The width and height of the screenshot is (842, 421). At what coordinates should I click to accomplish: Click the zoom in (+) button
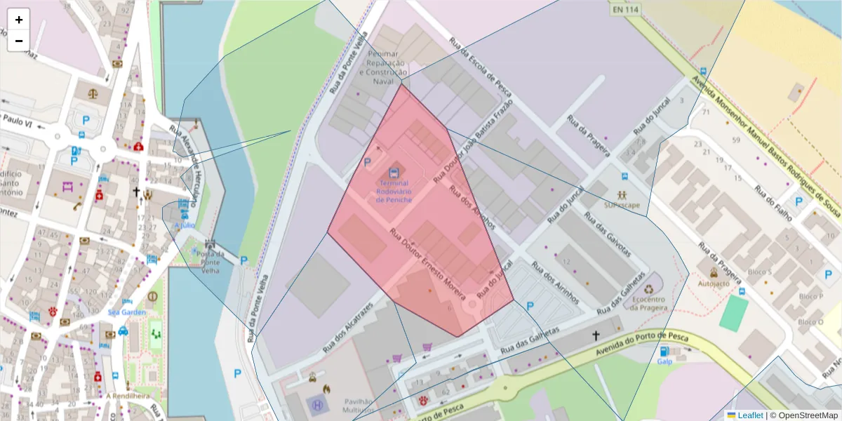pos(19,20)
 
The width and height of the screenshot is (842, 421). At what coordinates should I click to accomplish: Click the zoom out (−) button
pos(19,41)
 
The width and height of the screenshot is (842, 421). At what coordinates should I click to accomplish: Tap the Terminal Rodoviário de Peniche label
pos(394,191)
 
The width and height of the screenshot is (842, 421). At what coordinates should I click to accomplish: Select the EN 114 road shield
pos(624,10)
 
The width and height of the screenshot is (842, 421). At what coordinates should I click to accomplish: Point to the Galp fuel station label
pos(664,362)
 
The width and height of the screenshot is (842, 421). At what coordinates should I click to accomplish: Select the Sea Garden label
pos(127,312)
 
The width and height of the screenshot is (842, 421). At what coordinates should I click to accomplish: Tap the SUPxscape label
pos(622,206)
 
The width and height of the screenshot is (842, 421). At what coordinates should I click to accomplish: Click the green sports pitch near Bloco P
pos(733,314)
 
